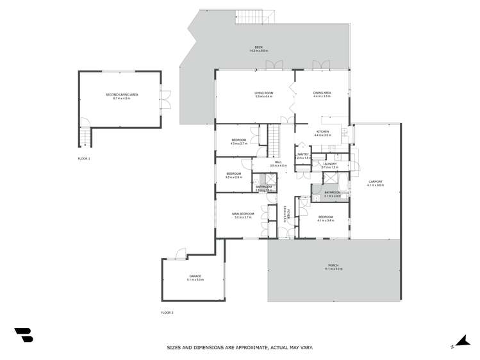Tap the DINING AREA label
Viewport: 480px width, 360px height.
(x=322, y=94)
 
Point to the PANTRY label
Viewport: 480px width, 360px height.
(x=302, y=155)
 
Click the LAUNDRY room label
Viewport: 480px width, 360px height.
(x=329, y=165)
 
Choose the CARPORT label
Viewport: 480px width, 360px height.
(x=376, y=183)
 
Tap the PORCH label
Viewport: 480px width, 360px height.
(x=333, y=266)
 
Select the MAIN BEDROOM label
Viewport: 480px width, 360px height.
(x=243, y=215)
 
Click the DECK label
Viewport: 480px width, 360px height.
(x=259, y=48)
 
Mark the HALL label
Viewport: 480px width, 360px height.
(x=278, y=163)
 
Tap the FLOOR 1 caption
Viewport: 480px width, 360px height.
(x=84, y=158)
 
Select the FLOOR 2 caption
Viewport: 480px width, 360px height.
(x=167, y=313)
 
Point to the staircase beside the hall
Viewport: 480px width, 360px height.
(x=273, y=140)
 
